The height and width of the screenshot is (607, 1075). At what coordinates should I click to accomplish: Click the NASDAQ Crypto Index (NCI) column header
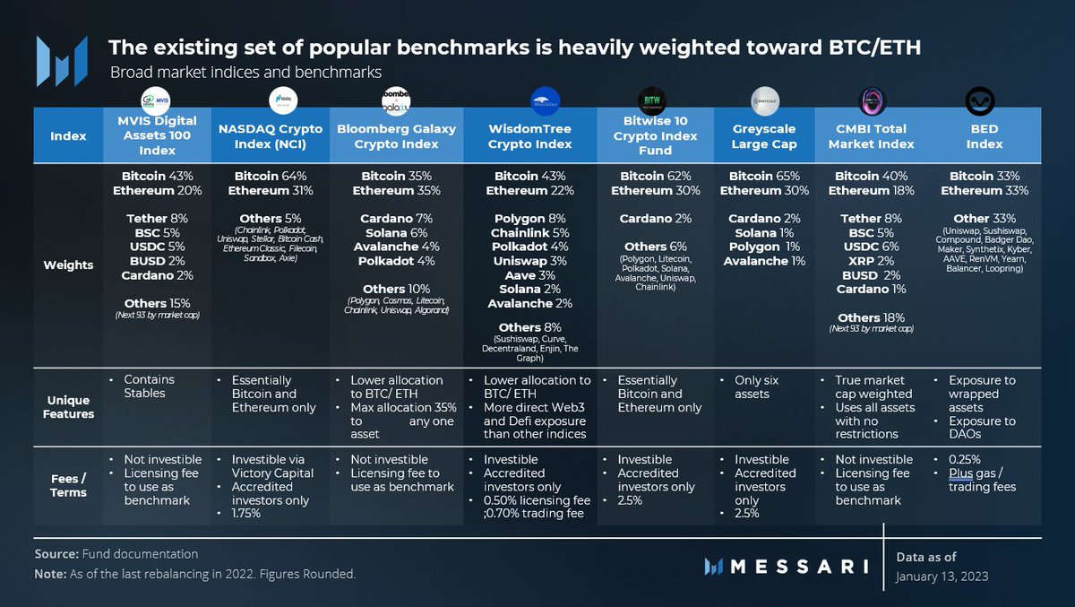point(271,136)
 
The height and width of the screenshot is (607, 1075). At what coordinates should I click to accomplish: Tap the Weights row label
point(69,264)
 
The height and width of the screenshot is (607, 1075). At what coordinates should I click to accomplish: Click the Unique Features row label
point(69,407)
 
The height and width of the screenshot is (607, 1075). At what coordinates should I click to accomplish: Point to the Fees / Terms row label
point(69,485)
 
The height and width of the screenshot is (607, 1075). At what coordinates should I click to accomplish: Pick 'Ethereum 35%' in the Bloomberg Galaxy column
point(396,191)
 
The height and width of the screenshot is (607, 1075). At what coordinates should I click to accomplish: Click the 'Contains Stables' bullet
point(150,386)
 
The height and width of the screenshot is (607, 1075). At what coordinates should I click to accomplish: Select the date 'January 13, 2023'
point(942,577)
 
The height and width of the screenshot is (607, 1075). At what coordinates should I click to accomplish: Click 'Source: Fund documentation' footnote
point(116,554)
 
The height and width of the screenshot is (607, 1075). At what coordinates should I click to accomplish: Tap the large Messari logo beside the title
point(62,61)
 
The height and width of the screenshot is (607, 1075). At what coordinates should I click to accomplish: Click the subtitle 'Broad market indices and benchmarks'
point(245,73)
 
